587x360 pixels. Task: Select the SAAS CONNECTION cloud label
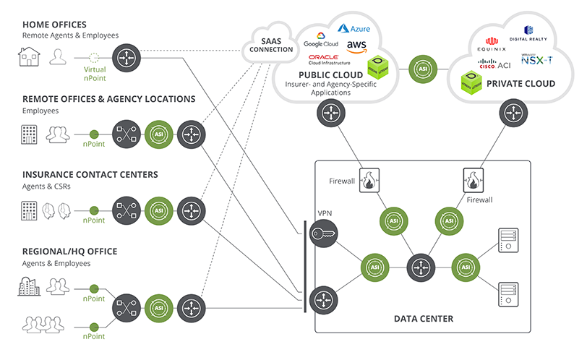(x=271, y=46)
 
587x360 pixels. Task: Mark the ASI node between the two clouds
(x=421, y=69)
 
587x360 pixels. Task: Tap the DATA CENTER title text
(x=423, y=318)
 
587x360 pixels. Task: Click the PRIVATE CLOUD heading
(x=520, y=84)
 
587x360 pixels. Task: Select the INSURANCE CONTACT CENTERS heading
(x=90, y=174)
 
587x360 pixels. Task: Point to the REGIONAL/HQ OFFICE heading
(x=70, y=252)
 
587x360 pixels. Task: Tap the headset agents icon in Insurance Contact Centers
(x=56, y=210)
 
